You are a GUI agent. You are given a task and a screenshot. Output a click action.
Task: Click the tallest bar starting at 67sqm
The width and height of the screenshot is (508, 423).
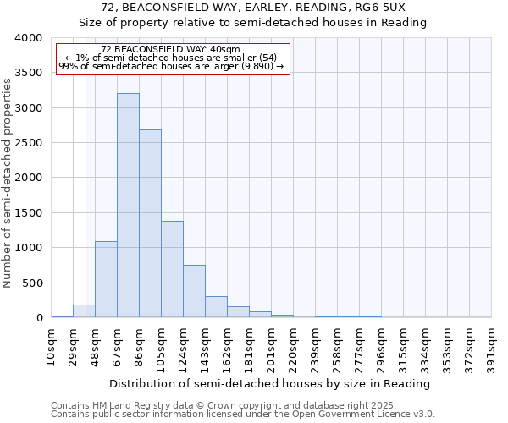coord(128,206)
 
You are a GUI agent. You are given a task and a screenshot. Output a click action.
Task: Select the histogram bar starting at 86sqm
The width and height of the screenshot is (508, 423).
coord(150,223)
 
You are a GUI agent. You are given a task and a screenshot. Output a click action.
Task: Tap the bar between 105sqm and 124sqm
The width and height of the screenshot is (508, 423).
coord(172,269)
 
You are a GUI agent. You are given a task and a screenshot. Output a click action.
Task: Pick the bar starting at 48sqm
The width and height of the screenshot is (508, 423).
coord(106,279)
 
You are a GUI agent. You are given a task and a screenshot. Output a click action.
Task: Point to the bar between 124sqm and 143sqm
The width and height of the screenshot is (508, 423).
coord(194,291)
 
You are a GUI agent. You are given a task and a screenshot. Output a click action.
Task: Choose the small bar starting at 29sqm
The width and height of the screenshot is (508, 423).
coord(84,311)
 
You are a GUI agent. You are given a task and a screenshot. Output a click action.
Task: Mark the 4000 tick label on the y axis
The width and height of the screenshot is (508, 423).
coord(29,38)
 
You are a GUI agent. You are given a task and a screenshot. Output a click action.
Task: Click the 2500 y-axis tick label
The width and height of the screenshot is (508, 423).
coord(29,143)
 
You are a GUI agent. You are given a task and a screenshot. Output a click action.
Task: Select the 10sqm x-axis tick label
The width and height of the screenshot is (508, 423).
coord(52,346)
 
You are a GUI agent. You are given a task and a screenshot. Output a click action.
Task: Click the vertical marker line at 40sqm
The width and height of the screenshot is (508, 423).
coord(86,195)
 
